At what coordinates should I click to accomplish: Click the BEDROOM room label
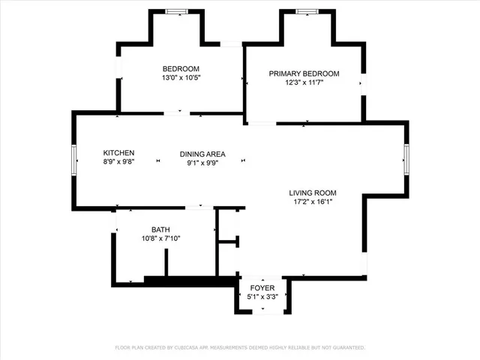pos(181,68)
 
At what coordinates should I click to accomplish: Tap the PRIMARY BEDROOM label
pos(304,73)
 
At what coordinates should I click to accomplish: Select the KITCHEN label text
pos(118,152)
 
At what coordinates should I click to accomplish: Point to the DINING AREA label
pos(202,154)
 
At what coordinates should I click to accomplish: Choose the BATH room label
pos(160,229)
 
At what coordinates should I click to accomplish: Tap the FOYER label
pos(262,288)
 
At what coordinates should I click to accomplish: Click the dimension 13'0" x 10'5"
pos(181,77)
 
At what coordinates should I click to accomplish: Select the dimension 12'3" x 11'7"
pos(304,82)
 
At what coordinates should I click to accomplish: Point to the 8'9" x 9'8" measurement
pos(118,161)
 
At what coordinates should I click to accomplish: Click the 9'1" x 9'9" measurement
pos(202,163)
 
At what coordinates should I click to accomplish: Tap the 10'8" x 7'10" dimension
pos(160,238)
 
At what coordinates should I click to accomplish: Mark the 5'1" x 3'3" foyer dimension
pos(262,297)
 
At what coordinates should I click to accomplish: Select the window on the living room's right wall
pos(406,159)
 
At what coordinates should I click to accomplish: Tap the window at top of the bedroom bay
pos(177,11)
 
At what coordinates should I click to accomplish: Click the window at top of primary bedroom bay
pos(307,11)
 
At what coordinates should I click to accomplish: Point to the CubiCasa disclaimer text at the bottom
pos(240,348)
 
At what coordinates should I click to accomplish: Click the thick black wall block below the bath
pos(187,281)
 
